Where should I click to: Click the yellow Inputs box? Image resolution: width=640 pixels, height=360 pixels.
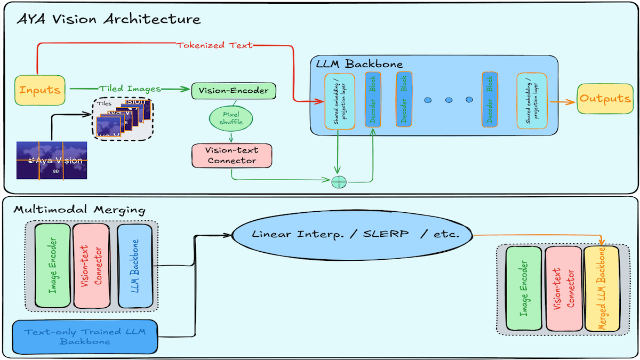pos(40,89)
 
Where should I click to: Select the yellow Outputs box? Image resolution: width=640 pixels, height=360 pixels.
pos(605,99)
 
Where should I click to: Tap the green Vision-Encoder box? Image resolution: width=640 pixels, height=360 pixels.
pos(234,90)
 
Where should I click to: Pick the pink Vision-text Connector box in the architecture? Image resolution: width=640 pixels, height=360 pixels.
pos(231,155)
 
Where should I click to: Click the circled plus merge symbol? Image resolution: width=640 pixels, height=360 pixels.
pos(339,181)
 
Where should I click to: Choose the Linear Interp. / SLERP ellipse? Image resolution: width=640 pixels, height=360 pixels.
pos(355,235)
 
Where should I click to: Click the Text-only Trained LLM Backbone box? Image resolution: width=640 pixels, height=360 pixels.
pos(85,336)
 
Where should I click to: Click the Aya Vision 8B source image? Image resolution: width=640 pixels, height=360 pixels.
pos(52,160)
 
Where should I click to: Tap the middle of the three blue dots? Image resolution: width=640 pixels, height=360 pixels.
pos(448,100)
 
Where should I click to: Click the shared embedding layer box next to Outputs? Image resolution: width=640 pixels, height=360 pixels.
pos(531,101)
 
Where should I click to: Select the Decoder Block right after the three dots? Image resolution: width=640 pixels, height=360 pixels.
pos(489,101)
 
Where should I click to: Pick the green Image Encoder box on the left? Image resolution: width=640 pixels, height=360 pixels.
pos(52,265)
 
